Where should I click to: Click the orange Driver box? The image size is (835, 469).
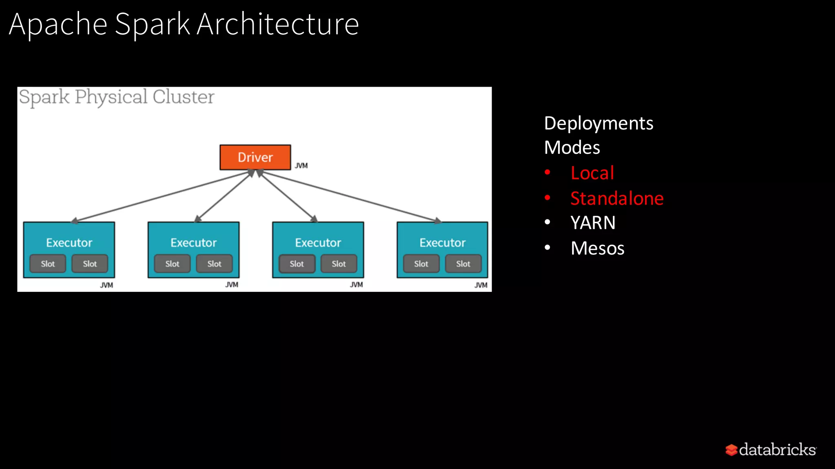[x=255, y=157]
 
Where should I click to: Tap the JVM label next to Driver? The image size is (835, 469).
[x=301, y=166]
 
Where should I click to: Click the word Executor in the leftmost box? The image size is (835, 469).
[x=69, y=243]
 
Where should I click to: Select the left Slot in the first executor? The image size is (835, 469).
[x=48, y=264]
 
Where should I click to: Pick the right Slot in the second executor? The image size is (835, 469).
[x=214, y=264]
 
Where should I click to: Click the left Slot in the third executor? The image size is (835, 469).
[x=297, y=264]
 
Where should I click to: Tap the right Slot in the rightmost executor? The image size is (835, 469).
[x=463, y=264]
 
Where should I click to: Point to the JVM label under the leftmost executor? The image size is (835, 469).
[x=106, y=285]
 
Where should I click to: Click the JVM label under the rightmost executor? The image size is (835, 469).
[x=481, y=285]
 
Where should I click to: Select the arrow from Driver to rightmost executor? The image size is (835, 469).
[x=351, y=197]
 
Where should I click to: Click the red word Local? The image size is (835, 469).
[x=592, y=173]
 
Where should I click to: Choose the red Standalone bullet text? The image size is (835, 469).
[x=617, y=198]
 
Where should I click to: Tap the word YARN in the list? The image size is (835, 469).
[x=593, y=223]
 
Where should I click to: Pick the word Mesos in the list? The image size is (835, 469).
[x=597, y=248]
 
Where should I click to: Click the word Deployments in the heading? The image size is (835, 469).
[x=599, y=123]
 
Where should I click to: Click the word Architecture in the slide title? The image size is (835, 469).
[x=278, y=24]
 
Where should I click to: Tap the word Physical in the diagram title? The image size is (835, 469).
[x=111, y=97]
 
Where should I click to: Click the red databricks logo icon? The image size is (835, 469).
[x=731, y=450]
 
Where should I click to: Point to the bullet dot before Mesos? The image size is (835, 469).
[x=548, y=247]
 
